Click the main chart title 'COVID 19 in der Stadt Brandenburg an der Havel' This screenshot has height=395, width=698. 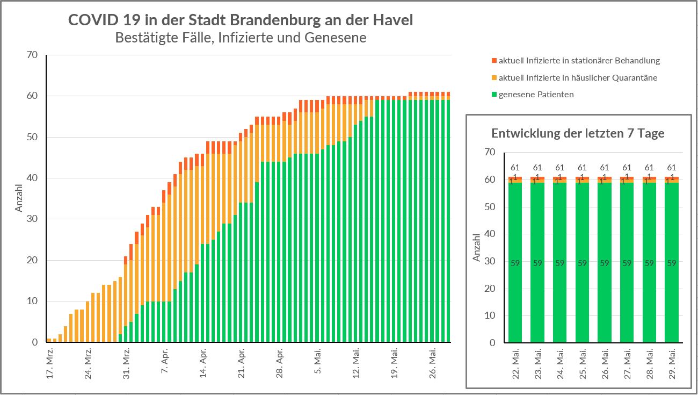pyautogui.click(x=241, y=20)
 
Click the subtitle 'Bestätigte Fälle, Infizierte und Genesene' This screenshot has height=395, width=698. pyautogui.click(x=241, y=38)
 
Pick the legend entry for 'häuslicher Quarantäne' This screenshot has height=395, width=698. pyautogui.click(x=578, y=78)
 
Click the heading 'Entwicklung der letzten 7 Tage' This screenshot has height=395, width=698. pyautogui.click(x=578, y=133)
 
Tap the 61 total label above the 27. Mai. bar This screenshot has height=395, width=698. pyautogui.click(x=627, y=168)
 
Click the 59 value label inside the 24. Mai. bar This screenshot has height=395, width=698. pyautogui.click(x=560, y=263)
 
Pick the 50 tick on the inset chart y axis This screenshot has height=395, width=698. pyautogui.click(x=489, y=207)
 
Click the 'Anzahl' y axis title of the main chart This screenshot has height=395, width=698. pyautogui.click(x=19, y=198)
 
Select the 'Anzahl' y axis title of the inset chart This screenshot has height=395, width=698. pyautogui.click(x=476, y=247)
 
